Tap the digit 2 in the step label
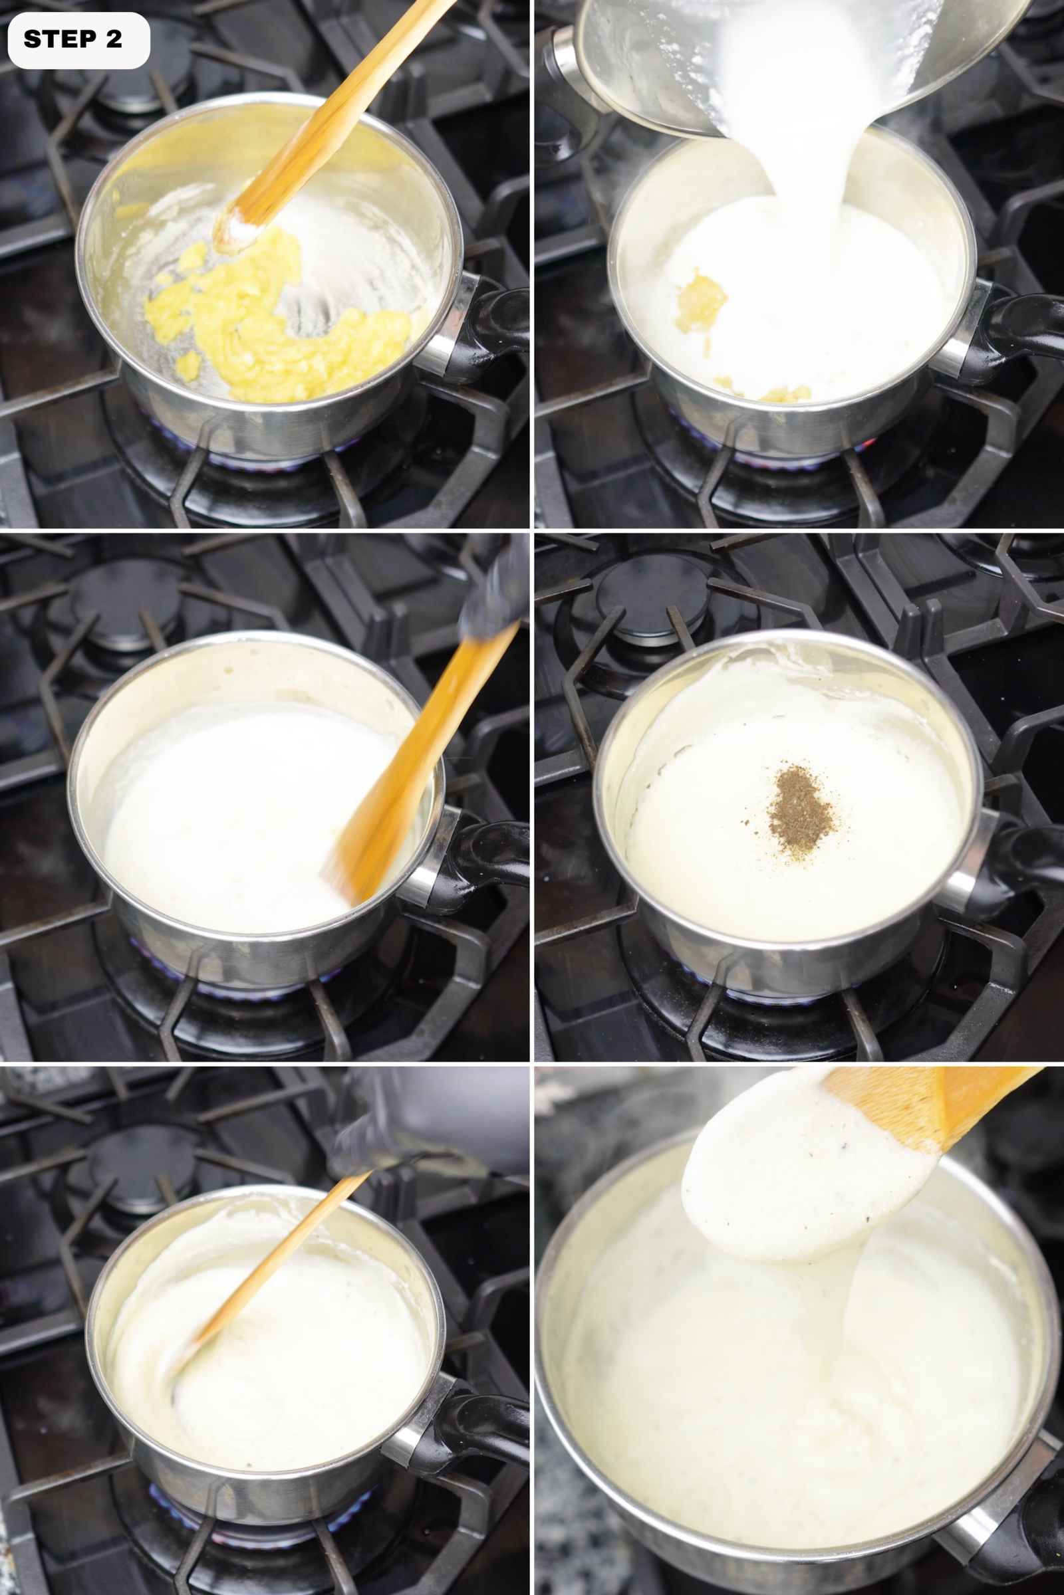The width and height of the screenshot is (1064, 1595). coord(113,39)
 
